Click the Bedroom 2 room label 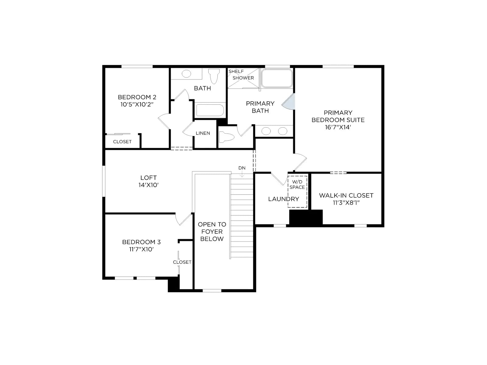(x=137, y=101)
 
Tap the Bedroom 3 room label (x=141, y=245)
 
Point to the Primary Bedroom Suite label (x=338, y=120)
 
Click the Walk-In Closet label (x=346, y=199)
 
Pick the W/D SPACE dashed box (x=297, y=192)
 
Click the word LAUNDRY (x=284, y=199)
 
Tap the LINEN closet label (x=203, y=133)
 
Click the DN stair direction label (x=242, y=168)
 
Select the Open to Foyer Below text (x=212, y=231)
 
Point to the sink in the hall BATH (x=186, y=74)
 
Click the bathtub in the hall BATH (x=210, y=110)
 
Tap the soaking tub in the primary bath (x=277, y=78)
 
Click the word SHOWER (x=243, y=78)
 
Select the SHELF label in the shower (x=236, y=71)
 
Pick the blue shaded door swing (x=289, y=102)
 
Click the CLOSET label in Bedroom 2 (x=122, y=142)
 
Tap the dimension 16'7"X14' (x=338, y=127)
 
